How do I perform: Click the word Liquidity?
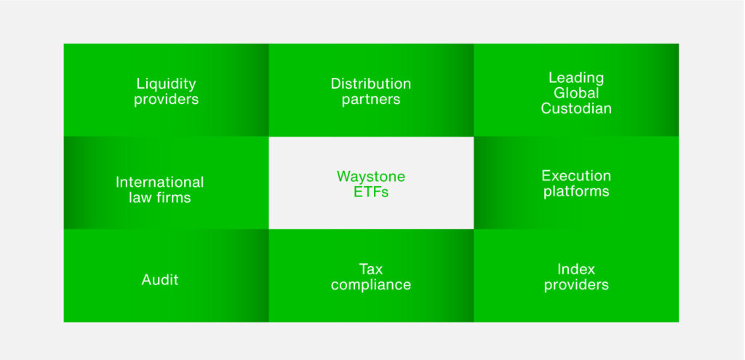166,84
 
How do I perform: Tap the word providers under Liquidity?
166,100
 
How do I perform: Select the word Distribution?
370,84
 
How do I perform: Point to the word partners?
370,100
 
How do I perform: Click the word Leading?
575,77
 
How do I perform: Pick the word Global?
575,92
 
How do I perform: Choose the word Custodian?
575,108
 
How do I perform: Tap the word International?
159,182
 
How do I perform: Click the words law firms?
159,197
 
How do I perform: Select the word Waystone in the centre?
370,177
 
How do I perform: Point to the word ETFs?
370,193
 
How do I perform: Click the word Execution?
575,176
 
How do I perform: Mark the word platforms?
575,192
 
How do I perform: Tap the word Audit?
159,279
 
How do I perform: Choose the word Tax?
370,269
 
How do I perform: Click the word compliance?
370,285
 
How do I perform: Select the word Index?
575,269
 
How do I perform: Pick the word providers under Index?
575,285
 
